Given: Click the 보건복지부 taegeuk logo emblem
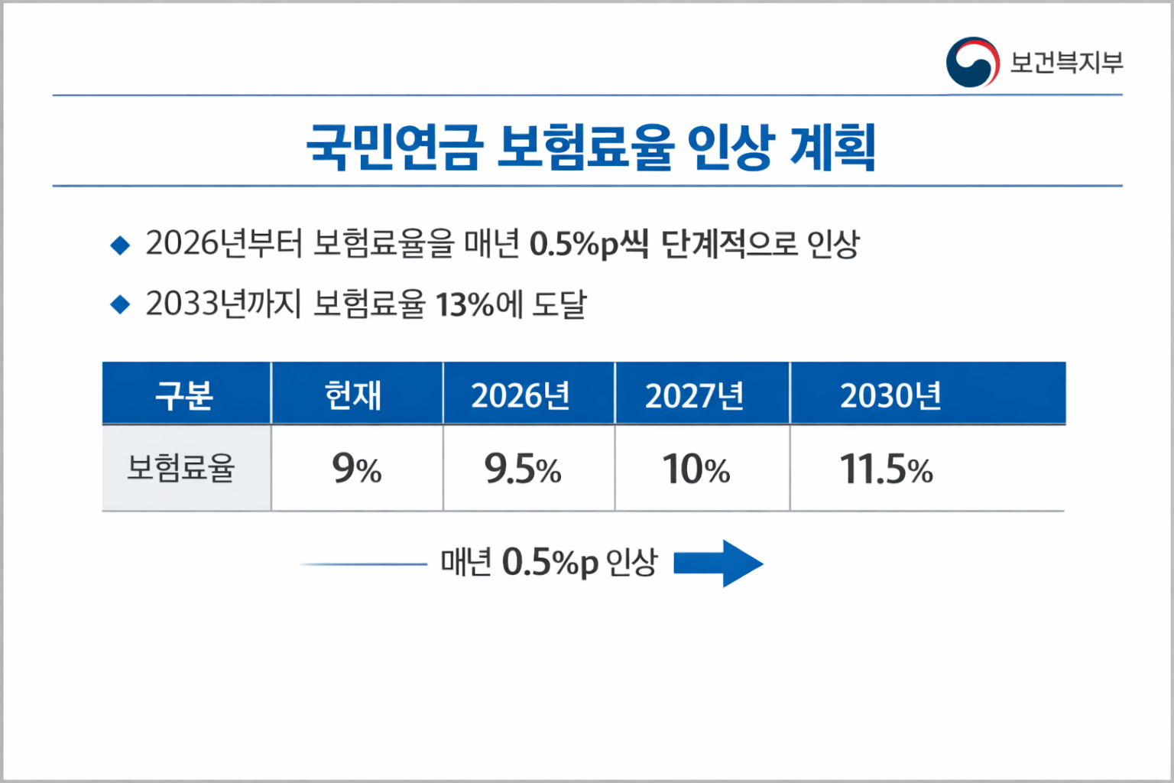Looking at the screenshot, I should coord(972,62).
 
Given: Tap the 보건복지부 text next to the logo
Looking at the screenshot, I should coord(1066,62).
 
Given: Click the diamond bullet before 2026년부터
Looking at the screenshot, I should coord(120,245).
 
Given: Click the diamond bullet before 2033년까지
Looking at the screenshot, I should coord(120,304).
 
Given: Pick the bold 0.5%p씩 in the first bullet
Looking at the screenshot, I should coord(589,245).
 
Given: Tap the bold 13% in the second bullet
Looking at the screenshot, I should coord(465,304).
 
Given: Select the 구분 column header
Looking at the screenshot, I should coord(184,395).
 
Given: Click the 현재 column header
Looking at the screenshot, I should coord(352,395).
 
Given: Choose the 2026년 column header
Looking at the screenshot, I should coord(521,395).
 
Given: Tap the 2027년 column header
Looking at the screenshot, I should coord(694,395).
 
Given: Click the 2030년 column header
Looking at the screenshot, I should coord(890,395).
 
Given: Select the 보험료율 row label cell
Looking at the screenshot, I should coord(180,467).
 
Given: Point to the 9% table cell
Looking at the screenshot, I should coord(356,469).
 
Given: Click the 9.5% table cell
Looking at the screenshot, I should coord(523,469).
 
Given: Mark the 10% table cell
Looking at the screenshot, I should coord(696,469).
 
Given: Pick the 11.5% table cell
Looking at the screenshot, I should coord(886,469).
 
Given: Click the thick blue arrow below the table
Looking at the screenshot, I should coord(718,564).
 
